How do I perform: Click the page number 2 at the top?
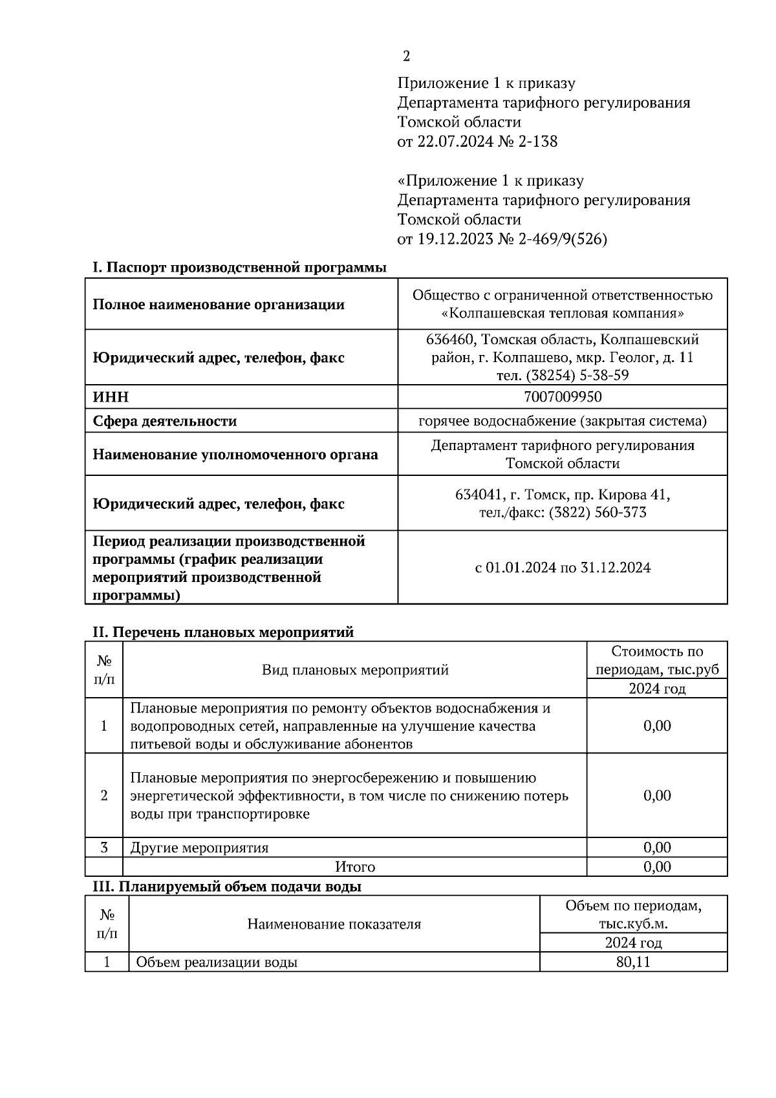tap(406, 57)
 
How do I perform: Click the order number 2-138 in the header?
tap(537, 142)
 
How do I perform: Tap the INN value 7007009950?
tap(562, 396)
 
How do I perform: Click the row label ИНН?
tap(111, 397)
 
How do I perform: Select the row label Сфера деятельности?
tap(164, 422)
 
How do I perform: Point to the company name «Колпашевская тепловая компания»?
tap(562, 314)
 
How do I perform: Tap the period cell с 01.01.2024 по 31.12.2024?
tap(562, 568)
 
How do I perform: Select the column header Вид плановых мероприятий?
tap(354, 670)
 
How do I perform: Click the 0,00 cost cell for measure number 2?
tap(656, 795)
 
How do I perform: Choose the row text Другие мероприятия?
tap(199, 848)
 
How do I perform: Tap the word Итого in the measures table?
tap(354, 867)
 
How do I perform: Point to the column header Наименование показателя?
tap(334, 924)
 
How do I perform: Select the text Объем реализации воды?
tap(217, 962)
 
